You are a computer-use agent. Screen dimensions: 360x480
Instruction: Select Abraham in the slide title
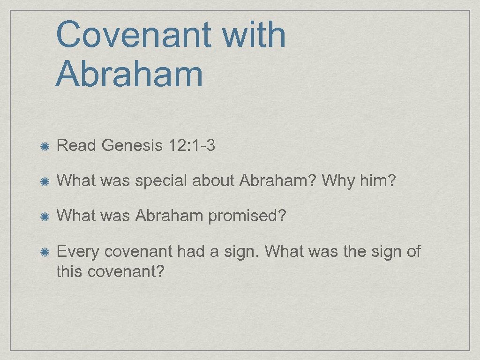(129, 75)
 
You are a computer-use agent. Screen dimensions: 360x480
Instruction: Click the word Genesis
(132, 146)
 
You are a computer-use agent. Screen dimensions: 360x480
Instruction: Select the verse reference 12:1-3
(191, 146)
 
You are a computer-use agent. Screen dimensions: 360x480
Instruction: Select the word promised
(247, 217)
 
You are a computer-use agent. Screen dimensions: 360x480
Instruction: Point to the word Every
(78, 252)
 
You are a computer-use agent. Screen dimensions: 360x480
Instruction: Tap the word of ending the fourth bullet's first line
(413, 252)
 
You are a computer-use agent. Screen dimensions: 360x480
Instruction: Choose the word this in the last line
(69, 270)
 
